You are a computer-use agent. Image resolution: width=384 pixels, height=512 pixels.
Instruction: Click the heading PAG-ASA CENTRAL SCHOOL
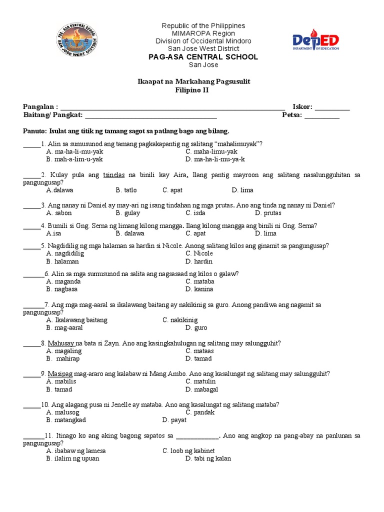(x=203, y=57)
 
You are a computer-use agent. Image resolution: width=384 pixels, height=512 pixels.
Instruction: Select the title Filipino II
(x=192, y=90)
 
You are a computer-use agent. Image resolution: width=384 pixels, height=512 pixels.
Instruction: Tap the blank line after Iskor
(x=332, y=107)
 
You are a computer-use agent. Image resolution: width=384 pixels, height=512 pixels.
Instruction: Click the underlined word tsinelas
(x=113, y=175)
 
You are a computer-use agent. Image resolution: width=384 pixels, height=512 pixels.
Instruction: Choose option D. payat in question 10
(x=174, y=420)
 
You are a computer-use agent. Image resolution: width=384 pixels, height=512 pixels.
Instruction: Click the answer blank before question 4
(x=32, y=226)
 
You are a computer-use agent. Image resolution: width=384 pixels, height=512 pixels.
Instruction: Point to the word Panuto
(x=34, y=131)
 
